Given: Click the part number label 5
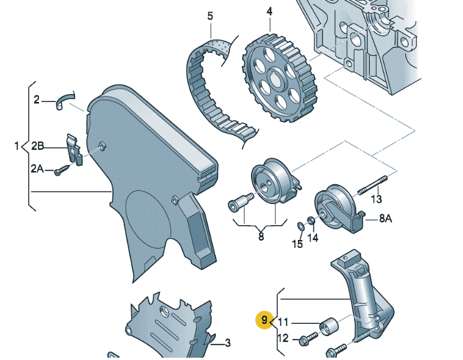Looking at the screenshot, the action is pyautogui.click(x=210, y=16).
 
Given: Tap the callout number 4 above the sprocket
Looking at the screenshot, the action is pyautogui.click(x=269, y=11).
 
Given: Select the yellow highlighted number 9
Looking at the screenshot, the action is pyautogui.click(x=264, y=320).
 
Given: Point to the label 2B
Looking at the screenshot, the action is pyautogui.click(x=37, y=146).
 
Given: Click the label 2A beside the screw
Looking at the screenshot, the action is pyautogui.click(x=37, y=169).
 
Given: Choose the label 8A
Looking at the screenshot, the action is pyautogui.click(x=386, y=218).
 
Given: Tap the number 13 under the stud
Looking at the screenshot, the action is pyautogui.click(x=376, y=199).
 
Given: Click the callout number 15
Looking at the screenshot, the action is pyautogui.click(x=297, y=244).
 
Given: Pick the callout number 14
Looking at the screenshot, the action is pyautogui.click(x=313, y=238).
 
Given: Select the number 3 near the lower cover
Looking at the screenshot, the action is pyautogui.click(x=228, y=343).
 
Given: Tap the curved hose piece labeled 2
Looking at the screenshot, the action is pyautogui.click(x=65, y=100).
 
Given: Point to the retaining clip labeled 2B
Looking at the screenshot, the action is pyautogui.click(x=73, y=149).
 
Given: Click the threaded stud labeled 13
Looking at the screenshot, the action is pyautogui.click(x=373, y=185).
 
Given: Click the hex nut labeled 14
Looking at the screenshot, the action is pyautogui.click(x=310, y=220).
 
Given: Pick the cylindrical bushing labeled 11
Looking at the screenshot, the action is pyautogui.click(x=328, y=326).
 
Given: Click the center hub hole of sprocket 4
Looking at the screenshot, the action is pyautogui.click(x=276, y=79).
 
